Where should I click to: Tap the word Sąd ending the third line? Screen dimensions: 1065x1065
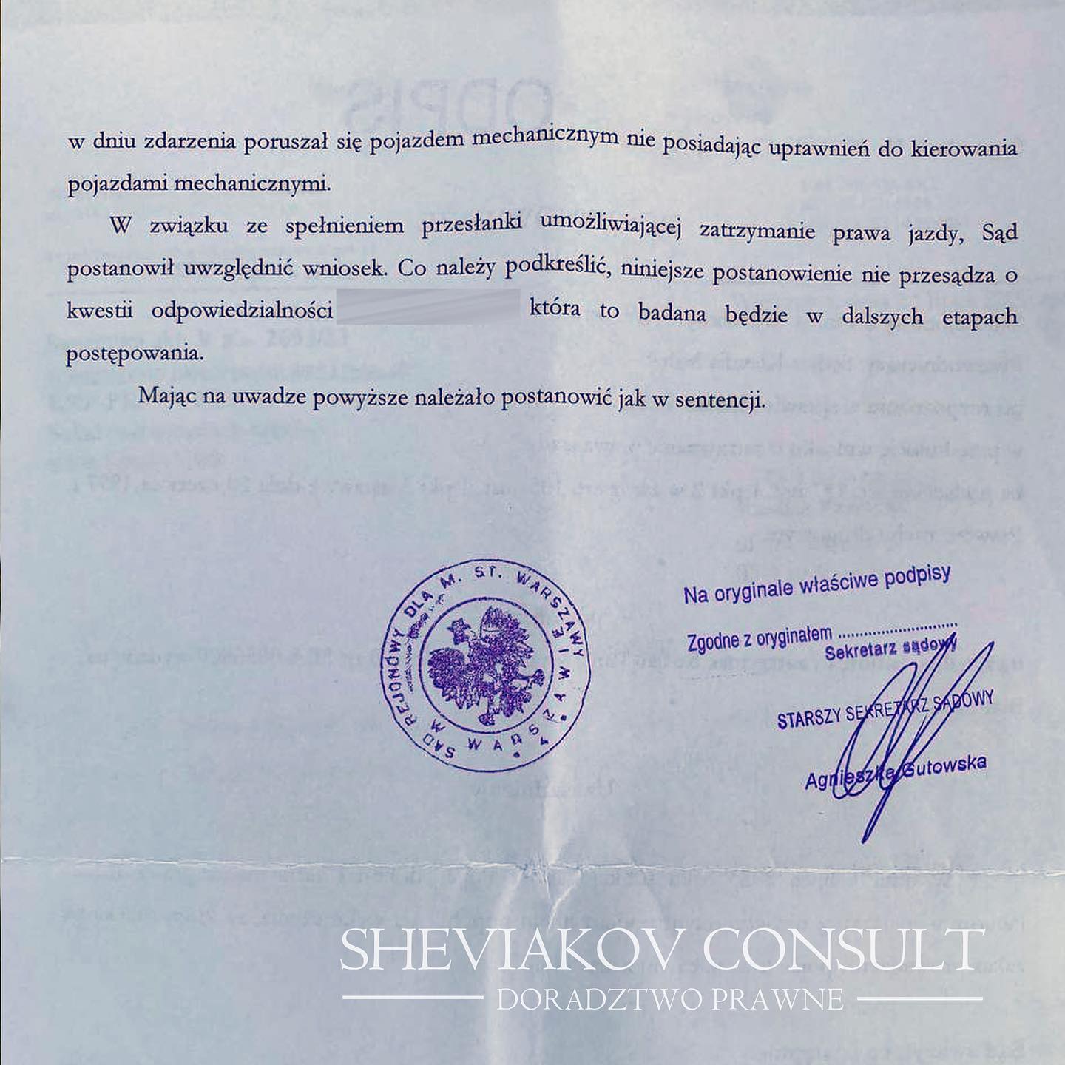pos(1000,232)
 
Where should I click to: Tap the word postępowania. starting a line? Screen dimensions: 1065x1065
pos(134,353)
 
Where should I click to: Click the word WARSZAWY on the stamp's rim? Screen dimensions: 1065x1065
pos(553,593)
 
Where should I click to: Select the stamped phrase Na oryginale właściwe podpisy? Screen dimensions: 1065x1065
pos(816,584)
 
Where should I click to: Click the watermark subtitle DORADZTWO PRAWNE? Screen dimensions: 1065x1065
pos(669,999)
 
